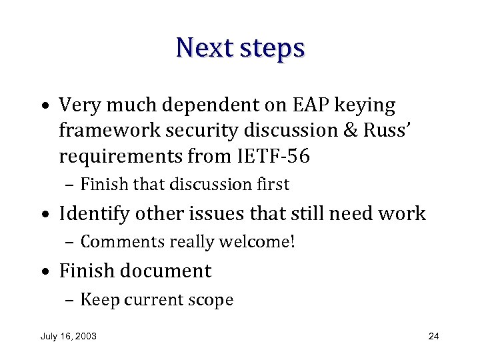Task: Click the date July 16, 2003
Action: pyautogui.click(x=68, y=336)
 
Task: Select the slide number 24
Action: pyautogui.click(x=433, y=336)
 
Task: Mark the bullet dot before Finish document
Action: pyautogui.click(x=44, y=272)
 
